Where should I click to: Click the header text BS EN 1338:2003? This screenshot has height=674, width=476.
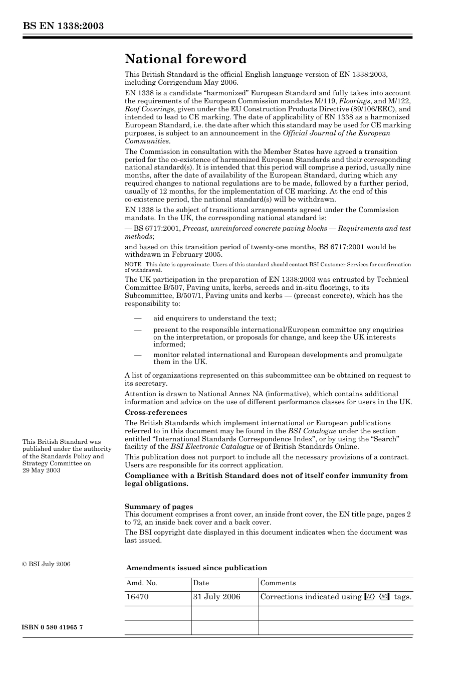pos(63,26)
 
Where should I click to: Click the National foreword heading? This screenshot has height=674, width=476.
pos(185,59)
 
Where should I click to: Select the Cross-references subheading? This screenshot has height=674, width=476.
pos(156,412)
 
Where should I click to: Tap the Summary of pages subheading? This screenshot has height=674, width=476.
pos(158,507)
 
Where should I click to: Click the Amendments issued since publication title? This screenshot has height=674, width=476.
pos(196,568)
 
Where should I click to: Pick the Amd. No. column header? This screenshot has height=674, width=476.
pos(142,583)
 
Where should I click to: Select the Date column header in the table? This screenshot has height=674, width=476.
pos(201,583)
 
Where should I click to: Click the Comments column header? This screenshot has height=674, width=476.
pos(278,583)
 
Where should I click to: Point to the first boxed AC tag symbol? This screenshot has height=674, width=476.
pos(370,597)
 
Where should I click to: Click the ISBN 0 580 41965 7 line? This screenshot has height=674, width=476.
pos(53,627)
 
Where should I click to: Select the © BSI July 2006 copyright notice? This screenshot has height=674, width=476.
pos(46,564)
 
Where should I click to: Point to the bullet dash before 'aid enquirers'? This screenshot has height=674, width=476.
pos(137,318)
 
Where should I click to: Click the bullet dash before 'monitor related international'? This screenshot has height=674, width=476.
pos(137,355)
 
